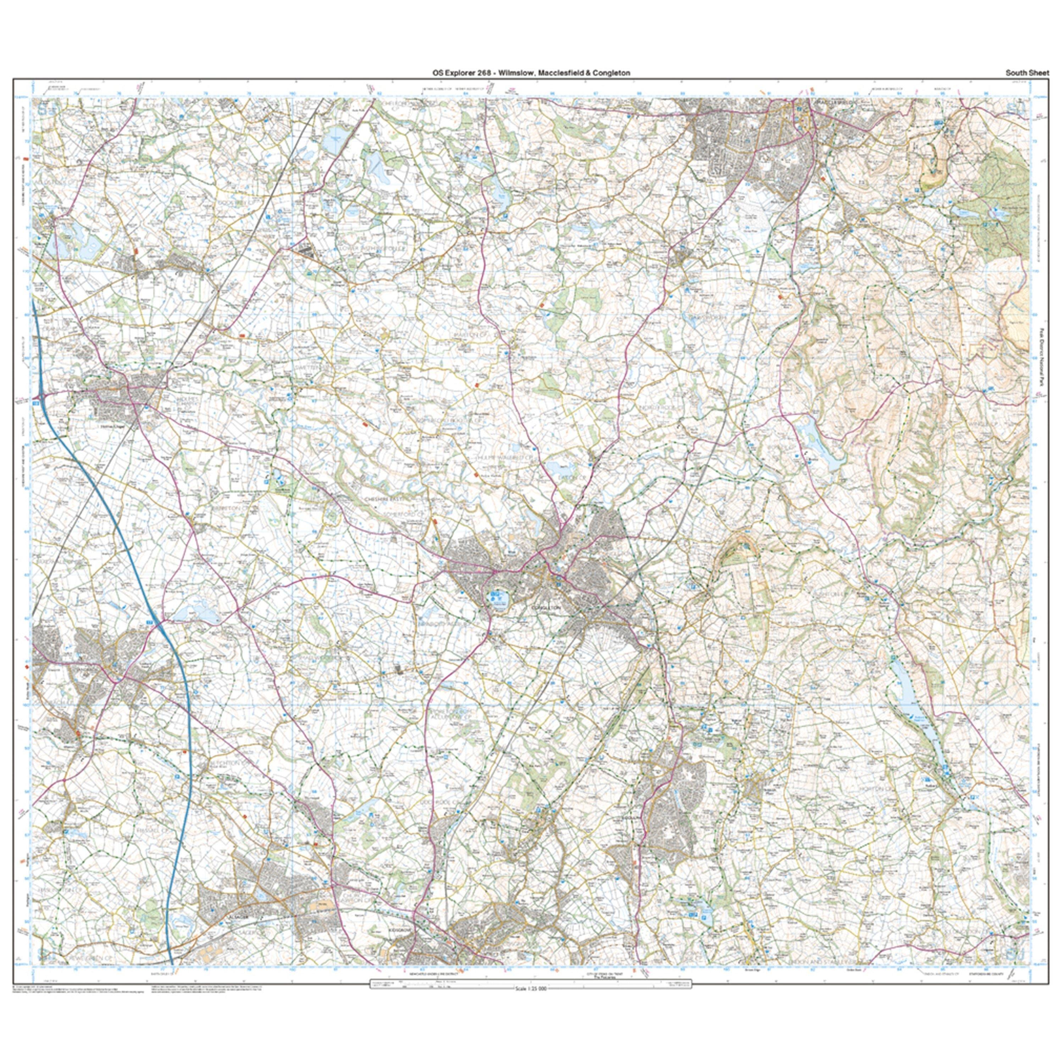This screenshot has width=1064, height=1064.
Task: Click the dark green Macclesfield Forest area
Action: [x=999, y=209]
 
